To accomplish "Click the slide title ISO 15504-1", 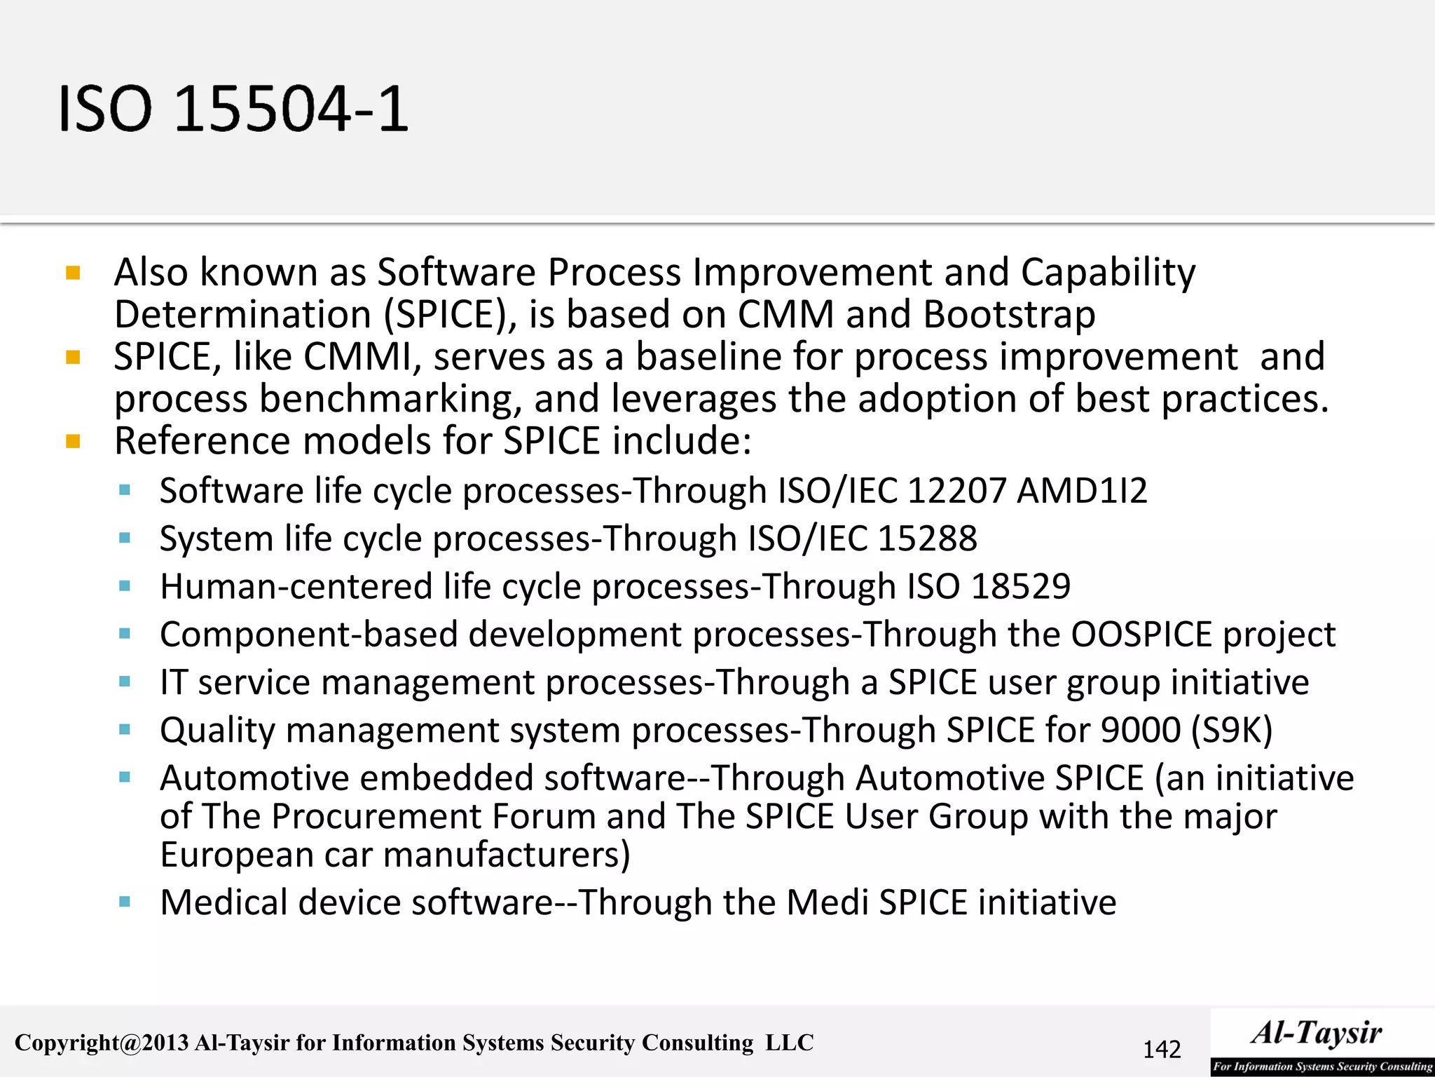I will pyautogui.click(x=233, y=109).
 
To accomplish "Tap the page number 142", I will pyautogui.click(x=1162, y=1050).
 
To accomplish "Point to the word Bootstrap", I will pyautogui.click(x=1009, y=315).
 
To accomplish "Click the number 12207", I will pyautogui.click(x=957, y=491).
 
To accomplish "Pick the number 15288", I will pyautogui.click(x=927, y=538).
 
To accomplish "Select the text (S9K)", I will pyautogui.click(x=1232, y=731).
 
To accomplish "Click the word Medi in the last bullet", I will pyautogui.click(x=828, y=902).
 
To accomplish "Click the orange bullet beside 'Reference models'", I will pyautogui.click(x=73, y=442).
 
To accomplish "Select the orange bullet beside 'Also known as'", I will pyautogui.click(x=73, y=273).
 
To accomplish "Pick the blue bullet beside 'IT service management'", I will pyautogui.click(x=125, y=682).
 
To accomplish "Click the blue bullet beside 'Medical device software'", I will pyautogui.click(x=125, y=902).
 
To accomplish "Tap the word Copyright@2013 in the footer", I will pyautogui.click(x=102, y=1043).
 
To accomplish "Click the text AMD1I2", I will pyautogui.click(x=1082, y=491).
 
